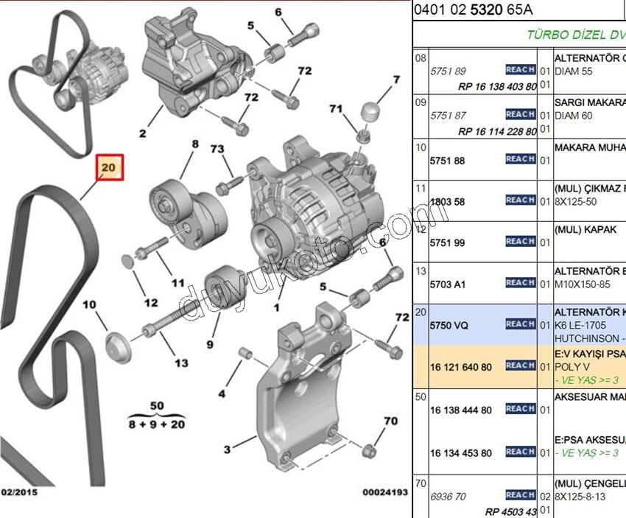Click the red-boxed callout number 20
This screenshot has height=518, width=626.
(109, 168)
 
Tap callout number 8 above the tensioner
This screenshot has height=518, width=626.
(195, 144)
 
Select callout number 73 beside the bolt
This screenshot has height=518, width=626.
(217, 150)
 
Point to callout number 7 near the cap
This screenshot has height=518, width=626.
(395, 80)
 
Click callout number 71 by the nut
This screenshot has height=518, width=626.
(337, 109)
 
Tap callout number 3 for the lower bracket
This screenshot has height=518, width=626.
(228, 449)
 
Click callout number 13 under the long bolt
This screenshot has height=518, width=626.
(181, 363)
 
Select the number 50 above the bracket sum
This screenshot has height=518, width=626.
(156, 406)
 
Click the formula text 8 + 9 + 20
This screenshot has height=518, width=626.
(156, 424)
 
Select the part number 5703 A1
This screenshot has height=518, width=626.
(447, 283)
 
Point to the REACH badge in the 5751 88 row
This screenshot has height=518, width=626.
(520, 159)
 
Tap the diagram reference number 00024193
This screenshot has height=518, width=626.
(384, 491)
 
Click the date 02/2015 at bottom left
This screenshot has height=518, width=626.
(19, 491)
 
